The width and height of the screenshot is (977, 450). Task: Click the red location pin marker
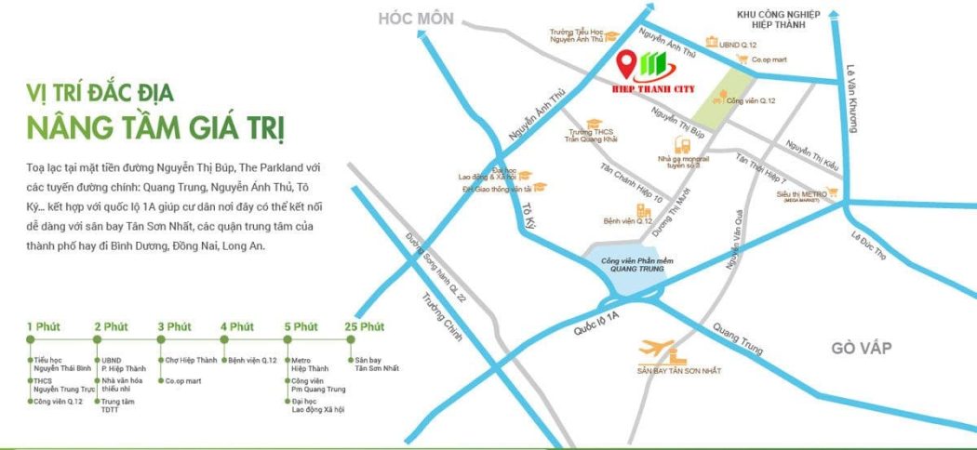(628, 63)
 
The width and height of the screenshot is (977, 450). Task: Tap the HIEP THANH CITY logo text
(649, 83)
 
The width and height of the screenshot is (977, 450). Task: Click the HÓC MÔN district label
(415, 19)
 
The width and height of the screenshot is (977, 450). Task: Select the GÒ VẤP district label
(862, 348)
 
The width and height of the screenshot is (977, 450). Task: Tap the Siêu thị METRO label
(801, 194)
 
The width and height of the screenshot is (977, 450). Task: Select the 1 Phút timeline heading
(43, 326)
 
